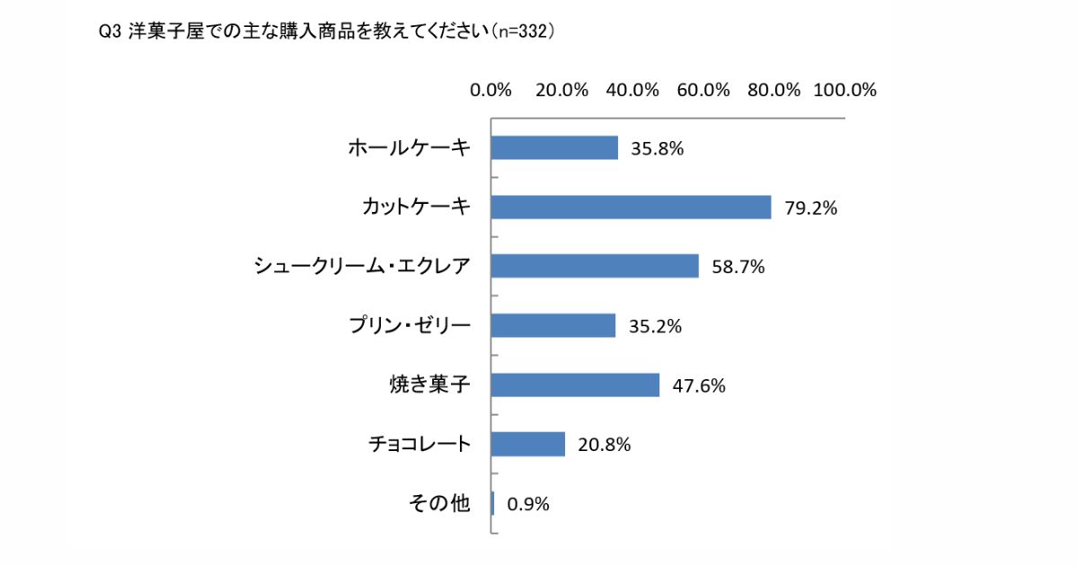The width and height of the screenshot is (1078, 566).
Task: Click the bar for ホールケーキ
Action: (x=554, y=148)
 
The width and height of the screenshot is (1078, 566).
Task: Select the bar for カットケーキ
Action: (x=631, y=208)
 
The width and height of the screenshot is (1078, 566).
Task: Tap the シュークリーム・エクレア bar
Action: (x=595, y=266)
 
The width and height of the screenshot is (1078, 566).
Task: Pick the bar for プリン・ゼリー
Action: (x=553, y=325)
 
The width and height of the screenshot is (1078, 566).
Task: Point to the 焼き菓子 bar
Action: (x=575, y=385)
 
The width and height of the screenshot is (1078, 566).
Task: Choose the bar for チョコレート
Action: (x=528, y=444)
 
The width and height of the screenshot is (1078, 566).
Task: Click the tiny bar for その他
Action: (x=493, y=503)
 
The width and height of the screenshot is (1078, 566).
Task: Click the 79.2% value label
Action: (x=810, y=208)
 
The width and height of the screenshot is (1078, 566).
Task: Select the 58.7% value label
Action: (x=738, y=267)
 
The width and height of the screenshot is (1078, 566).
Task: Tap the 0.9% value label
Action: (x=528, y=504)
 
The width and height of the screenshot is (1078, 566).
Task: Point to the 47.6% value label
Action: (x=698, y=385)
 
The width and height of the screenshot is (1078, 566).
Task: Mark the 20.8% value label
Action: (x=604, y=445)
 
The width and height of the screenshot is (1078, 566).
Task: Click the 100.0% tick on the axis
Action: (x=844, y=90)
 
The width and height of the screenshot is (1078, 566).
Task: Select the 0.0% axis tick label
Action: (x=490, y=90)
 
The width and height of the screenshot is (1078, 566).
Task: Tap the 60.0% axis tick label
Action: (x=703, y=90)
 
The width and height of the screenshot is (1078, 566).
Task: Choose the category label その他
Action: (x=439, y=503)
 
